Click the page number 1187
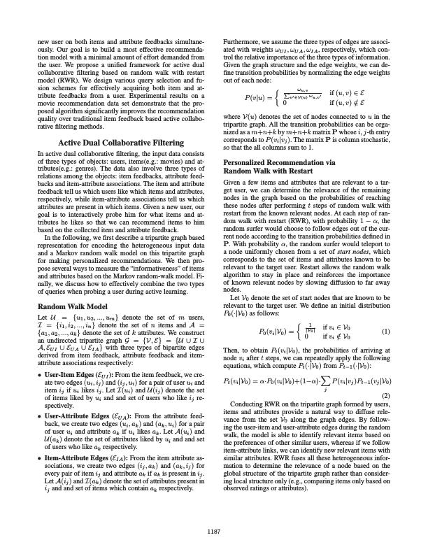214,532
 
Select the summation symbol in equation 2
334,362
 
